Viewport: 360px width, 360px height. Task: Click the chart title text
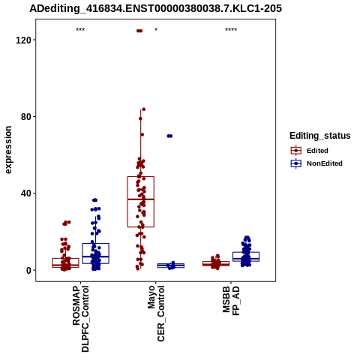coord(155,8)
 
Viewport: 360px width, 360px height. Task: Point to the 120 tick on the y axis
coord(22,40)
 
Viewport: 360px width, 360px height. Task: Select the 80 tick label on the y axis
coord(25,117)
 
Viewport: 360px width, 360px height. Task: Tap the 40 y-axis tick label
coord(25,193)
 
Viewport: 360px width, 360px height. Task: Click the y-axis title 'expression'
coord(8,150)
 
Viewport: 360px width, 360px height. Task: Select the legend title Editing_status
coord(320,136)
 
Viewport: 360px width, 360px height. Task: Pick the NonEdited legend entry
coord(316,163)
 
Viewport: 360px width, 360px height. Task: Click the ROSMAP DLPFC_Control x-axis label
coord(80,319)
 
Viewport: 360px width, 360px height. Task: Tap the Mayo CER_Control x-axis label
coord(156,313)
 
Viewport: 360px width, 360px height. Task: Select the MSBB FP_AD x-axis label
coord(231,301)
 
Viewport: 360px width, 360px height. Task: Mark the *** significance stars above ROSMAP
coord(80,30)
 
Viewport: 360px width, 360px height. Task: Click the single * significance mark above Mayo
coord(156,30)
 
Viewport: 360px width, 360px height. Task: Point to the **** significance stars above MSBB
coord(231,30)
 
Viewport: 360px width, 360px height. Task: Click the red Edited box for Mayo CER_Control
coord(141,202)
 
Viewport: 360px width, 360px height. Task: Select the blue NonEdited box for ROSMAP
coord(95,253)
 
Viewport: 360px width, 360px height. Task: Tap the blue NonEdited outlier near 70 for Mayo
coord(169,136)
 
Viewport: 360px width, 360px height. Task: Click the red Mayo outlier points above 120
coord(139,31)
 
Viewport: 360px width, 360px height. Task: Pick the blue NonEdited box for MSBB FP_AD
coord(246,256)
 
